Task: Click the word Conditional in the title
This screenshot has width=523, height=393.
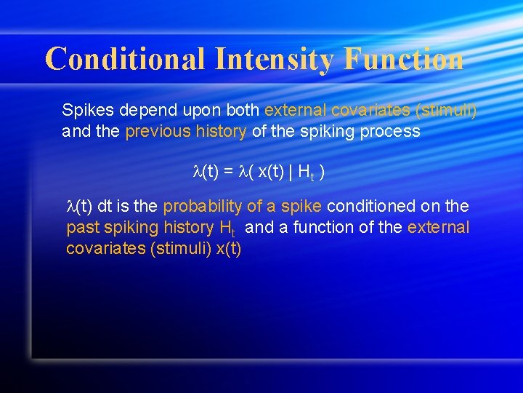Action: click(x=124, y=58)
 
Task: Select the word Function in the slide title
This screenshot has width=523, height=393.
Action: click(x=404, y=58)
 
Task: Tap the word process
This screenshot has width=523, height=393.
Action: click(x=393, y=132)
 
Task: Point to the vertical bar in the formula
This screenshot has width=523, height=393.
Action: click(x=291, y=172)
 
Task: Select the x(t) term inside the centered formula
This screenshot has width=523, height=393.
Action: click(x=268, y=172)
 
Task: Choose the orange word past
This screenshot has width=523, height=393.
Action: click(x=81, y=228)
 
